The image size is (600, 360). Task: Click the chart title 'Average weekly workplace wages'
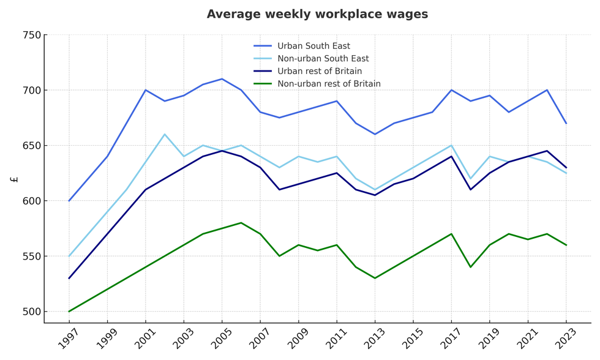point(317,14)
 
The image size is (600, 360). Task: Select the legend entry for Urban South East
point(313,46)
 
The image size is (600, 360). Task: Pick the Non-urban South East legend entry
point(323,59)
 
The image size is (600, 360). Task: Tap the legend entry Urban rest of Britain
point(319,71)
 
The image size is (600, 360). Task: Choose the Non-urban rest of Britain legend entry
point(329,84)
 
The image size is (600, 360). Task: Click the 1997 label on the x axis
point(69,338)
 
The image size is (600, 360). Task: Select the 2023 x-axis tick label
point(565,338)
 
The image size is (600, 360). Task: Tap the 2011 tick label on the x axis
point(336,338)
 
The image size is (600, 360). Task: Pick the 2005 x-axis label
point(222,338)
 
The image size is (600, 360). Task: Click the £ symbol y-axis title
point(14,179)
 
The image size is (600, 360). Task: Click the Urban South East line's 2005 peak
point(222,79)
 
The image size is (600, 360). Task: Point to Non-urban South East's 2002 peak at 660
point(165,134)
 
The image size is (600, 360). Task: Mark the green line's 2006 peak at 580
point(241,223)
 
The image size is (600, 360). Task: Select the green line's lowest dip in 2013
point(375,278)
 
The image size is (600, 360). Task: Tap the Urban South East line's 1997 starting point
point(69,201)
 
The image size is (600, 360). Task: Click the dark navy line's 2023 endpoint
point(566,168)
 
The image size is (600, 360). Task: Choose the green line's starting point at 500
point(69,311)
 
